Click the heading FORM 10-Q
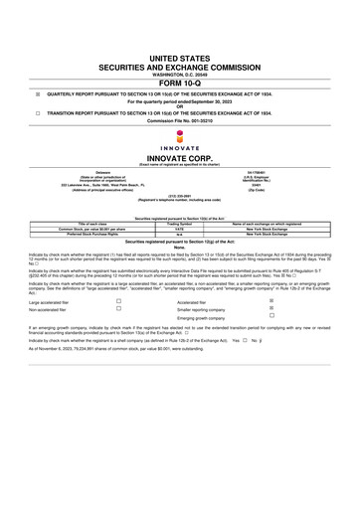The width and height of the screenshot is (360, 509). click(x=179, y=83)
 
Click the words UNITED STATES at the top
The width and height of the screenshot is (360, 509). click(x=179, y=60)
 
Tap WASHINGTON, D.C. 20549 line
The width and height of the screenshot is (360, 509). click(x=179, y=74)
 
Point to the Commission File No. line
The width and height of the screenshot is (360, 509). click(x=179, y=122)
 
